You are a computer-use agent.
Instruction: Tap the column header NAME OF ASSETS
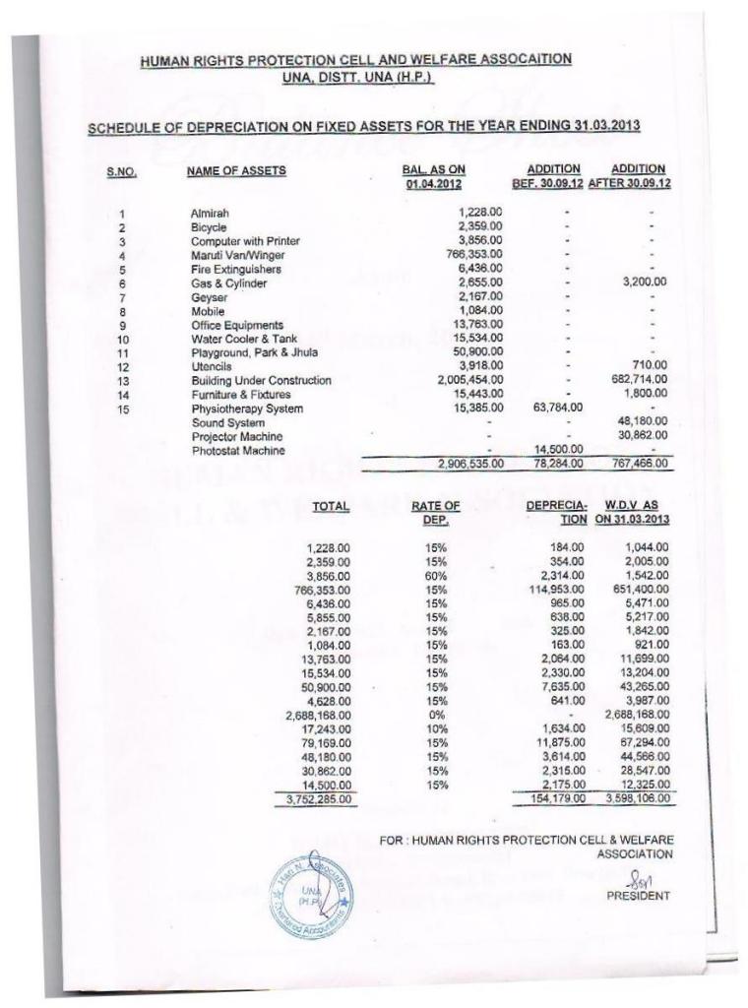(236, 171)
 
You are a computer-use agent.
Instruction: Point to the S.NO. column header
(121, 172)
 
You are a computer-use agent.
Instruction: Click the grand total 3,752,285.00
(313, 799)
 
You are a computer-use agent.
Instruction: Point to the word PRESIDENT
(638, 896)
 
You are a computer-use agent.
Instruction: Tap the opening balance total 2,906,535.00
(470, 463)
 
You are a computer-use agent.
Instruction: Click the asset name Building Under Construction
(261, 380)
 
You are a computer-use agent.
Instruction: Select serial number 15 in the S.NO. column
(122, 408)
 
